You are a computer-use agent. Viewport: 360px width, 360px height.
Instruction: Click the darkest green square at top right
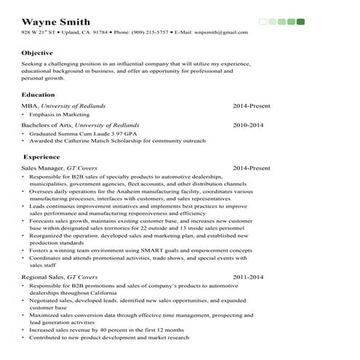[300, 22]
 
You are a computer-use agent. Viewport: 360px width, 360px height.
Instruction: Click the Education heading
[38, 95]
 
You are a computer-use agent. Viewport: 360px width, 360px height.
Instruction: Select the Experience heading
[41, 156]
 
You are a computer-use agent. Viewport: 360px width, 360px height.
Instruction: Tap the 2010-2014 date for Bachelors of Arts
[248, 125]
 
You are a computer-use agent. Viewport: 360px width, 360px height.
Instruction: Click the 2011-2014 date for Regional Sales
[248, 277]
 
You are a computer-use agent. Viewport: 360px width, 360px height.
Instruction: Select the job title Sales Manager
[42, 168]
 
